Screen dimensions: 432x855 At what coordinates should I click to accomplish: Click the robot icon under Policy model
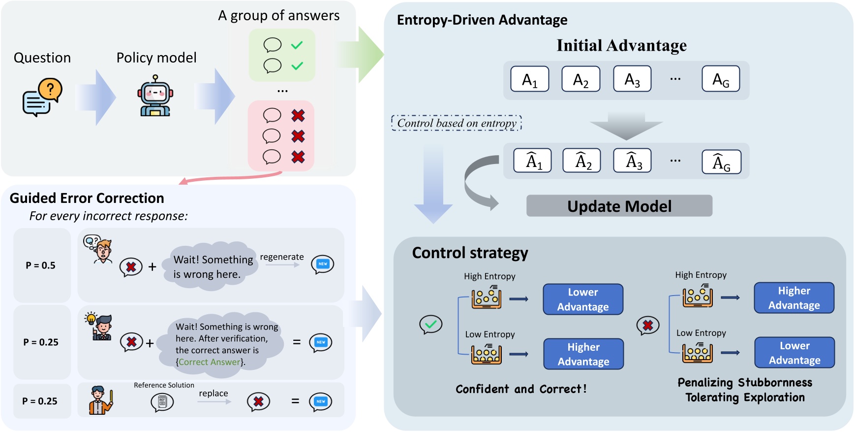point(155,96)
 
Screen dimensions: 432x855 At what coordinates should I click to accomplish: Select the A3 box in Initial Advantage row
point(632,79)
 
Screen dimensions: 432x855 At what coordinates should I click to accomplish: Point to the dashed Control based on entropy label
point(456,123)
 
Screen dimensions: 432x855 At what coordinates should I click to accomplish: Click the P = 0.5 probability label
point(41,266)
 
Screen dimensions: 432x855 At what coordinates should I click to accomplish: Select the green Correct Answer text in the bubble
point(210,362)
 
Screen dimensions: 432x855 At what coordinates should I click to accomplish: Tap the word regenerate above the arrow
point(281,257)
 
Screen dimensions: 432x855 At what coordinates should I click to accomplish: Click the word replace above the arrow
point(213,393)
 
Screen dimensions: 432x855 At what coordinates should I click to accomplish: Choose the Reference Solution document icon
point(162,402)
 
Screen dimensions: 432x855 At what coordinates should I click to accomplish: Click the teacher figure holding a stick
point(101,400)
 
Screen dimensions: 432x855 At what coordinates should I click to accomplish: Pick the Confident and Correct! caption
point(521,389)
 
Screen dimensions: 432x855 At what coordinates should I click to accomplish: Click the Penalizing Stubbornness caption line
point(745,383)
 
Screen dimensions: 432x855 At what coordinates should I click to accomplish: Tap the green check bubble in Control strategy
point(430,325)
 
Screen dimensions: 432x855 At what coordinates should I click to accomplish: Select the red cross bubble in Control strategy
point(647,326)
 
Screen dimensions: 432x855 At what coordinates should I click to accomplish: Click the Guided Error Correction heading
point(87,198)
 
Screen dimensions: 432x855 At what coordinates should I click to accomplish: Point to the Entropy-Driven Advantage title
point(482,20)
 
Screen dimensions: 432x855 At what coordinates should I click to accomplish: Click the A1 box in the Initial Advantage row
point(529,79)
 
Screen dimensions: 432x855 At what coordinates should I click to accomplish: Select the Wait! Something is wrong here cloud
point(213,266)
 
